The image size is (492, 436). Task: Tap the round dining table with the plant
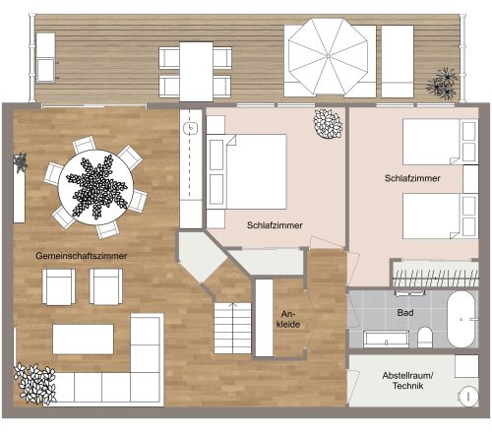95,184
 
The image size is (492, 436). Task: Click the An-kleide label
288,317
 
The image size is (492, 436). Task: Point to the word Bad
404,312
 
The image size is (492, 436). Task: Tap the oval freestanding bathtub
461,320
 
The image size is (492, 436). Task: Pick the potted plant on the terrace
442,84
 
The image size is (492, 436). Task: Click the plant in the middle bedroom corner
327,124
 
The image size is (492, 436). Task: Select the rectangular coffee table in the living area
83,339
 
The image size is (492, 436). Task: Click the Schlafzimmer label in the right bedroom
411,178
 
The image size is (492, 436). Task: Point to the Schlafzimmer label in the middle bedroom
275,225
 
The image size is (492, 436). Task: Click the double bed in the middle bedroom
248,169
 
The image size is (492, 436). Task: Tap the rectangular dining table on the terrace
197,71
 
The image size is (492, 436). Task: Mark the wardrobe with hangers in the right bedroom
434,273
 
